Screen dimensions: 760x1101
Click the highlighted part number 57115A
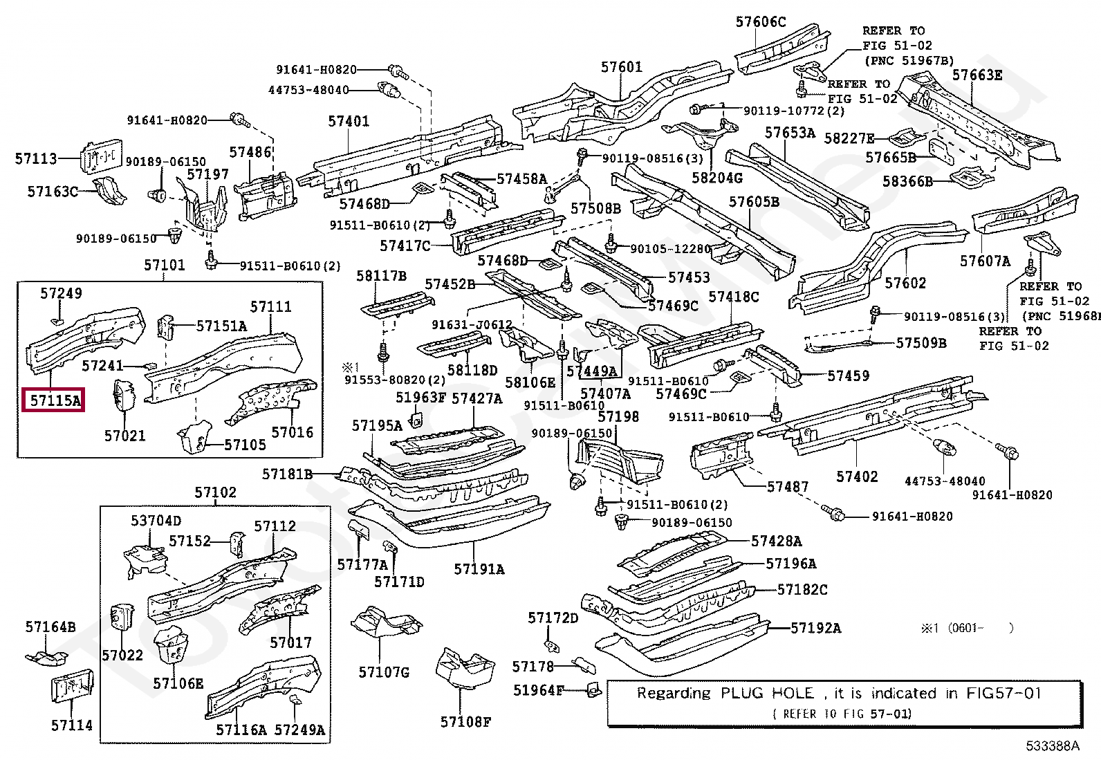point(55,400)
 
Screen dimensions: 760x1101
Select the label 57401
point(349,122)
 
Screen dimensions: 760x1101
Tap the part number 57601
point(621,67)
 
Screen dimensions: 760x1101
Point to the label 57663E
point(977,75)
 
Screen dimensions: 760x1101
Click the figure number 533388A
point(1052,745)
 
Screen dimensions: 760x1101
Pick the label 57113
point(36,158)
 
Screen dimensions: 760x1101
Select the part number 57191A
point(479,569)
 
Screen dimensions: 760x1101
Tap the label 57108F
point(465,722)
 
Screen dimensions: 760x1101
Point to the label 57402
point(856,476)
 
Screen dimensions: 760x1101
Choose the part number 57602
point(905,283)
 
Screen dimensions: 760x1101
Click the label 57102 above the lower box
point(215,492)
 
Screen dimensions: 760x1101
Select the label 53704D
point(156,521)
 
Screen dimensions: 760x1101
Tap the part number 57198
point(618,416)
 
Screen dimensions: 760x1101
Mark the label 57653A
point(790,133)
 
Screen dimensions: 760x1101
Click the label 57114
point(71,725)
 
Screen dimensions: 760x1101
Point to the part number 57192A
point(815,628)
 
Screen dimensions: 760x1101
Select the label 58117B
point(381,276)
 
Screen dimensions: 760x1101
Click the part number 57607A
point(985,261)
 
